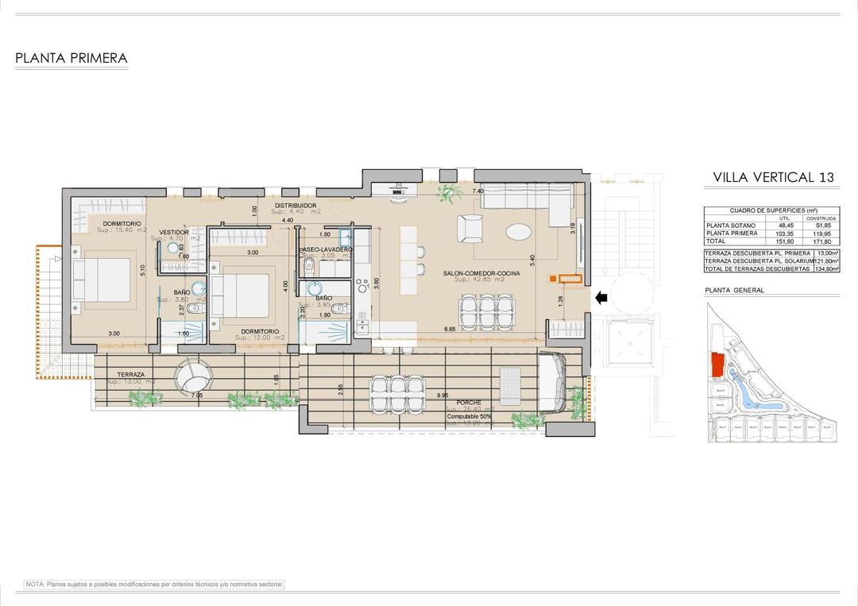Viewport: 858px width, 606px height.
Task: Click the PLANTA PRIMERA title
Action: [x=71, y=58]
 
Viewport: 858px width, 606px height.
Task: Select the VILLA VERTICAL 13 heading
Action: [x=773, y=177]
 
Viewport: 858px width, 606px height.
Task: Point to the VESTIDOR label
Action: [x=174, y=232]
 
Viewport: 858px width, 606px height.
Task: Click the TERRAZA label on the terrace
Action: [x=130, y=374]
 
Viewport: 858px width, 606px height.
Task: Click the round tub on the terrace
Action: [x=195, y=375]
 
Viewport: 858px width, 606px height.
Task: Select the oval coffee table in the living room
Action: [x=520, y=232]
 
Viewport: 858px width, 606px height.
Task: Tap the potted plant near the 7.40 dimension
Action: [x=450, y=191]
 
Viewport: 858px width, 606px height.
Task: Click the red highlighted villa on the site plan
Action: [x=717, y=365]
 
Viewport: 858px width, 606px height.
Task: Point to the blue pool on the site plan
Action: [x=750, y=389]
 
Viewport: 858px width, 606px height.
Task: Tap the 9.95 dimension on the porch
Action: [x=442, y=395]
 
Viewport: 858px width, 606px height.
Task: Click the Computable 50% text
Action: [x=469, y=416]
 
